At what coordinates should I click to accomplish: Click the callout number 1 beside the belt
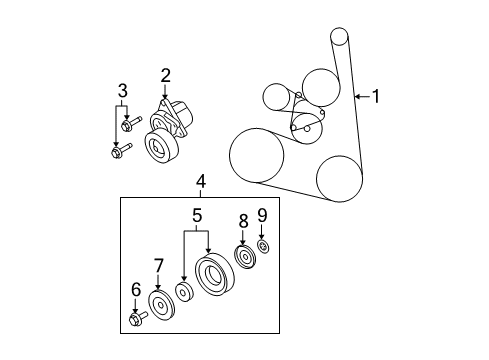pos(376,97)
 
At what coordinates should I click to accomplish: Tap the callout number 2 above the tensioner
pos(165,74)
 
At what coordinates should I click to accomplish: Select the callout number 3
pos(122,93)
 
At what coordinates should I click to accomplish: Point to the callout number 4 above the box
pos(201,181)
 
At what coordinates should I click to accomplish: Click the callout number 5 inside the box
pos(198,214)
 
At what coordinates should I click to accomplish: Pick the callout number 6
pos(135,289)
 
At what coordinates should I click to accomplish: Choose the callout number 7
pos(158,265)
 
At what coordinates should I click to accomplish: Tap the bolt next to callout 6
pos(137,319)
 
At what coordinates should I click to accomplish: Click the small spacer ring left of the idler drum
pos(184,293)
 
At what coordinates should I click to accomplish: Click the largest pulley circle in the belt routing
pos(254,155)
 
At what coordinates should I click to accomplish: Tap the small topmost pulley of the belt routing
pos(338,38)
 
